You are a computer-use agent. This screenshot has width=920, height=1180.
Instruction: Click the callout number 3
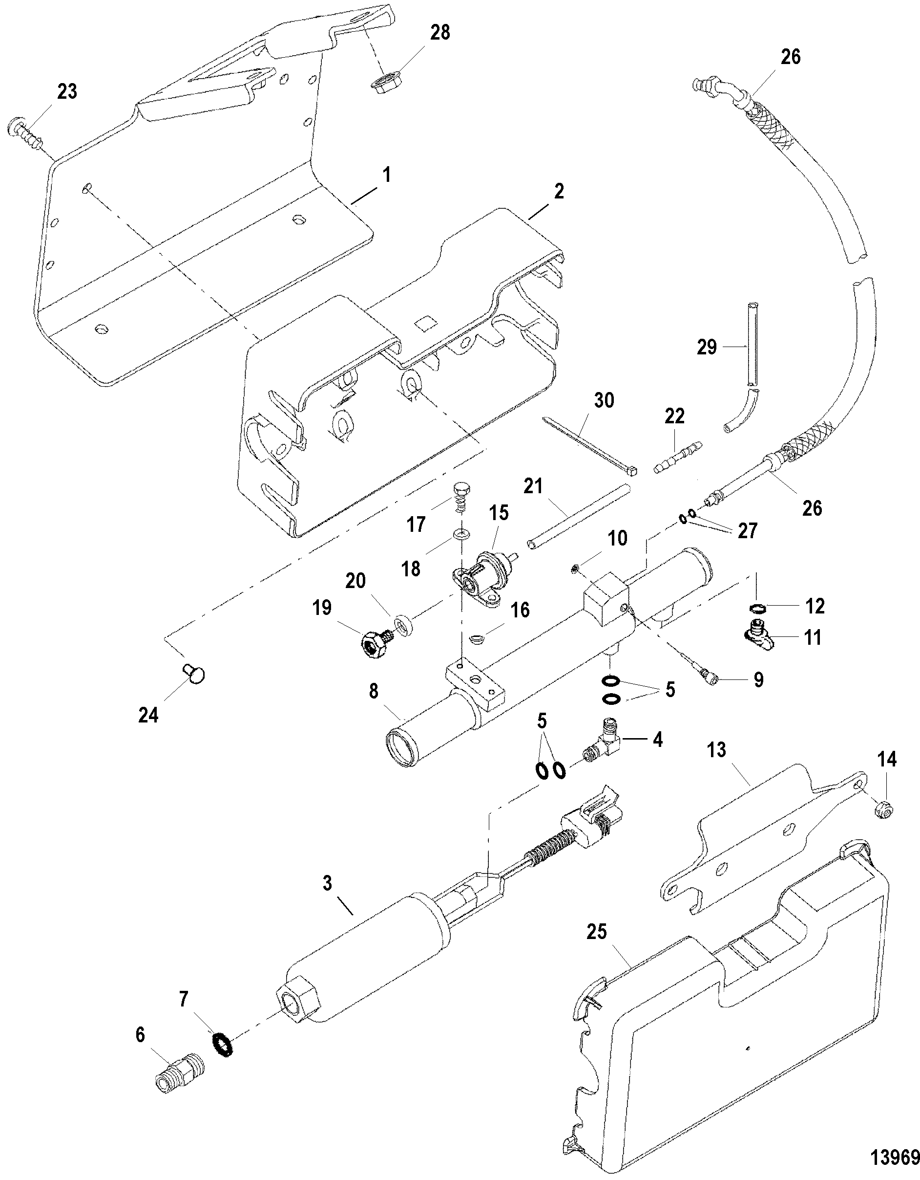pos(327,883)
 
